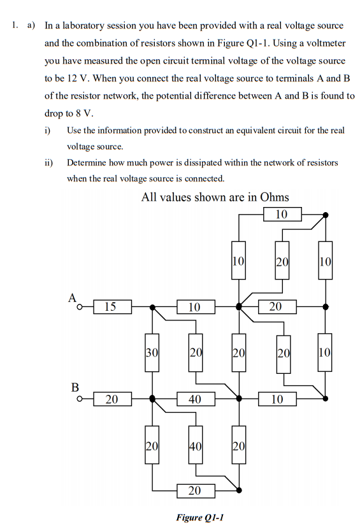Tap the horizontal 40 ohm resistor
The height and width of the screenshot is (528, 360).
click(195, 399)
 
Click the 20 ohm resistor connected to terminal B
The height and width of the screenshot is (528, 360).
click(112, 399)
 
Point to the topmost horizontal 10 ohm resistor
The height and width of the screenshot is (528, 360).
click(282, 214)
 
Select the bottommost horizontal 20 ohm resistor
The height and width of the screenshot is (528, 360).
click(195, 490)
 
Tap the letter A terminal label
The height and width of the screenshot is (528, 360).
click(73, 297)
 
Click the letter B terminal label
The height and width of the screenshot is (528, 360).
click(75, 386)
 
